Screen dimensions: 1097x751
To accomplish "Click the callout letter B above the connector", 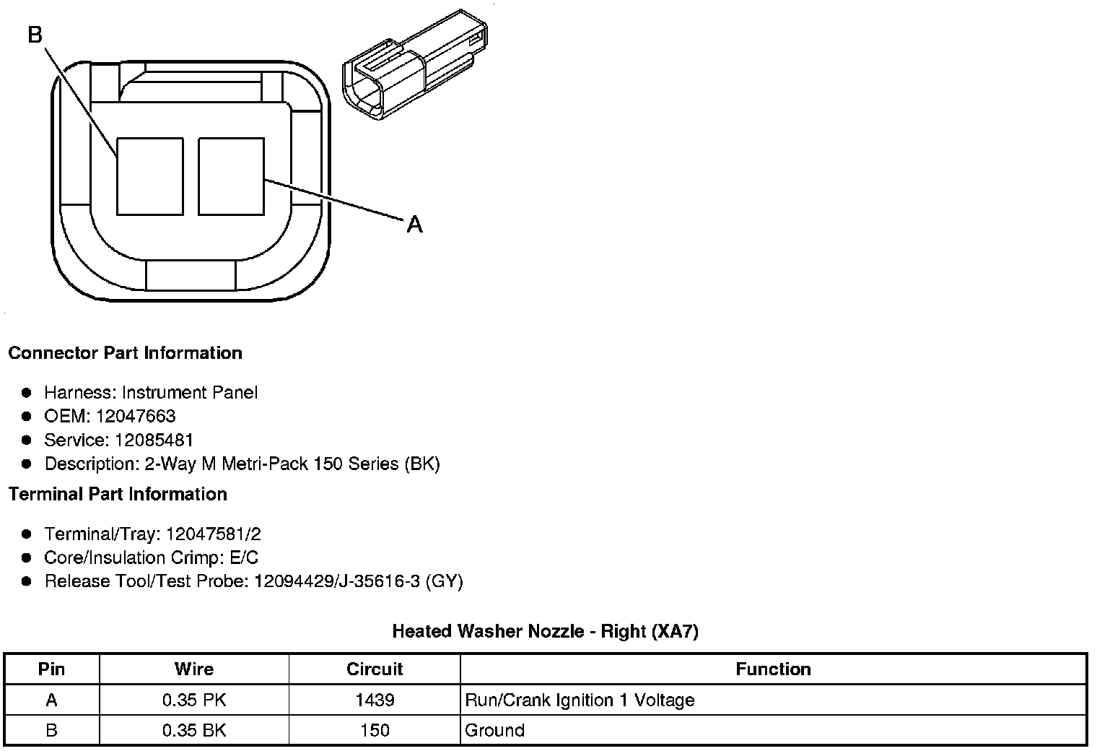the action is [35, 34].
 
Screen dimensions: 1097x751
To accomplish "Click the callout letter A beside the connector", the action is [414, 225].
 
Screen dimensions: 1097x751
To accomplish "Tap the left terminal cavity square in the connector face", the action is [149, 177].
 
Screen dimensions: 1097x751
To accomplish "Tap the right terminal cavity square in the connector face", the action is [231, 177].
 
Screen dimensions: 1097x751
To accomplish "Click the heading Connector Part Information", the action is [125, 353].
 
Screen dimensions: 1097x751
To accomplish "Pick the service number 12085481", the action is [154, 440].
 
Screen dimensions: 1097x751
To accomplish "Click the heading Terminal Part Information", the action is [118, 494].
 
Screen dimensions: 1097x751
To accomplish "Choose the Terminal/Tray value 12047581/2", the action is [213, 534].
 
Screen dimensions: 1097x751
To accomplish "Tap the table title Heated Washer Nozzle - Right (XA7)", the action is [545, 631].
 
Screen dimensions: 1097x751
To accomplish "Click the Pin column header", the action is [51, 669].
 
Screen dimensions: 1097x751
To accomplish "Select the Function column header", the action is [773, 669].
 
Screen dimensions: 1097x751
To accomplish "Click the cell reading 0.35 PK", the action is [193, 700].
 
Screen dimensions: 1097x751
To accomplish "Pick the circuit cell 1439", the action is [375, 700].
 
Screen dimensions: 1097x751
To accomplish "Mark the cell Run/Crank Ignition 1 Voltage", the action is [580, 700].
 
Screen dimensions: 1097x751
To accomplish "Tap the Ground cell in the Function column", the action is [494, 730].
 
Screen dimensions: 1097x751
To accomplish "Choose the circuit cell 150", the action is [375, 730].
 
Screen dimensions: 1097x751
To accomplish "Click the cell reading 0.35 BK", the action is [193, 730].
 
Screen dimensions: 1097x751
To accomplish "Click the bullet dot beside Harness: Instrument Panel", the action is [27, 393].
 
